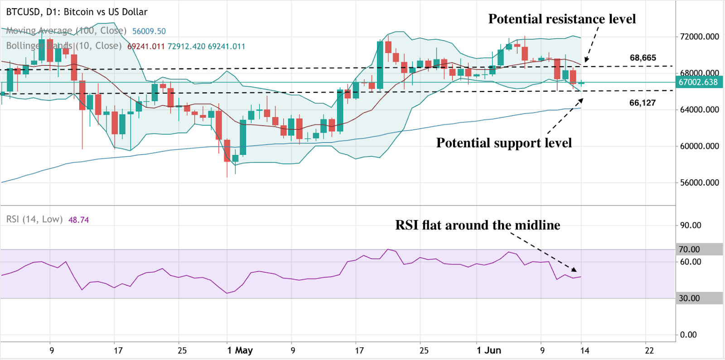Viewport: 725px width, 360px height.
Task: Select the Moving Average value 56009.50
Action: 149,31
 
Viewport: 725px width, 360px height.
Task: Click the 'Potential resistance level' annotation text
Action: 562,19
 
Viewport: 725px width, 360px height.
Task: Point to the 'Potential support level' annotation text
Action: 504,143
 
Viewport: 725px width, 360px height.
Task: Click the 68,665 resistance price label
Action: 643,58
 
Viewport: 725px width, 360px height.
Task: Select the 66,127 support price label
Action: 642,103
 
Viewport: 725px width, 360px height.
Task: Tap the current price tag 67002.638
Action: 698,82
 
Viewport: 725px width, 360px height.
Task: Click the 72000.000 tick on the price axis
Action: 699,37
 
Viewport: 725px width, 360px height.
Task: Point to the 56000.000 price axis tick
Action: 699,182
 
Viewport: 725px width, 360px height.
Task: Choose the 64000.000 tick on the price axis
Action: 699,110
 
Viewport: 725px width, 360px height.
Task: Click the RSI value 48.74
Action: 78,220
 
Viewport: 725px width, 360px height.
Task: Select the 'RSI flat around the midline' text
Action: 478,225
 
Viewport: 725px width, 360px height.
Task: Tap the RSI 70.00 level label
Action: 689,250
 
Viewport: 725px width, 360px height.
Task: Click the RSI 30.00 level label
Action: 689,298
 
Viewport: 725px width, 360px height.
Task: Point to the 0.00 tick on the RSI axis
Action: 688,335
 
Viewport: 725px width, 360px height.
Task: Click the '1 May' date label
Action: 240,350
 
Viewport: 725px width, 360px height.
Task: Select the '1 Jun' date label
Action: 488,350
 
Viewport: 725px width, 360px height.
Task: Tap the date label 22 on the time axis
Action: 649,350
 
